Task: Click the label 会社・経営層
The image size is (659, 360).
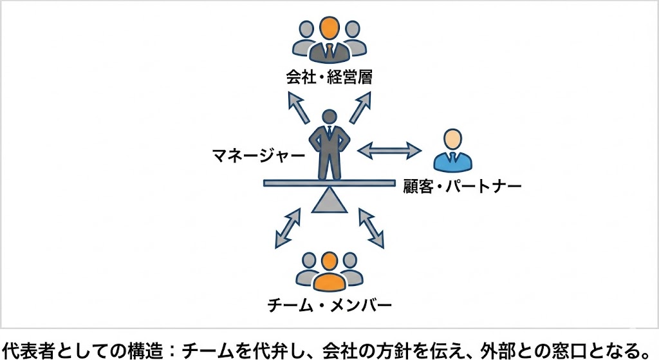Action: [x=329, y=79]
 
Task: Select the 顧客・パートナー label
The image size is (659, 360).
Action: [x=462, y=187]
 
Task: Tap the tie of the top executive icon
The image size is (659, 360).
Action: [x=329, y=50]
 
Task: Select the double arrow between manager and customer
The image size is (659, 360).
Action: [x=389, y=151]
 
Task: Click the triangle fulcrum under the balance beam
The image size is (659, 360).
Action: [x=329, y=200]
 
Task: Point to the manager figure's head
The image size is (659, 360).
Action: [x=329, y=118]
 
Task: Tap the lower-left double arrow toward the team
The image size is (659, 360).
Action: [x=288, y=228]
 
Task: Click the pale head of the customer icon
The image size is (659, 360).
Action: [x=452, y=138]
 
